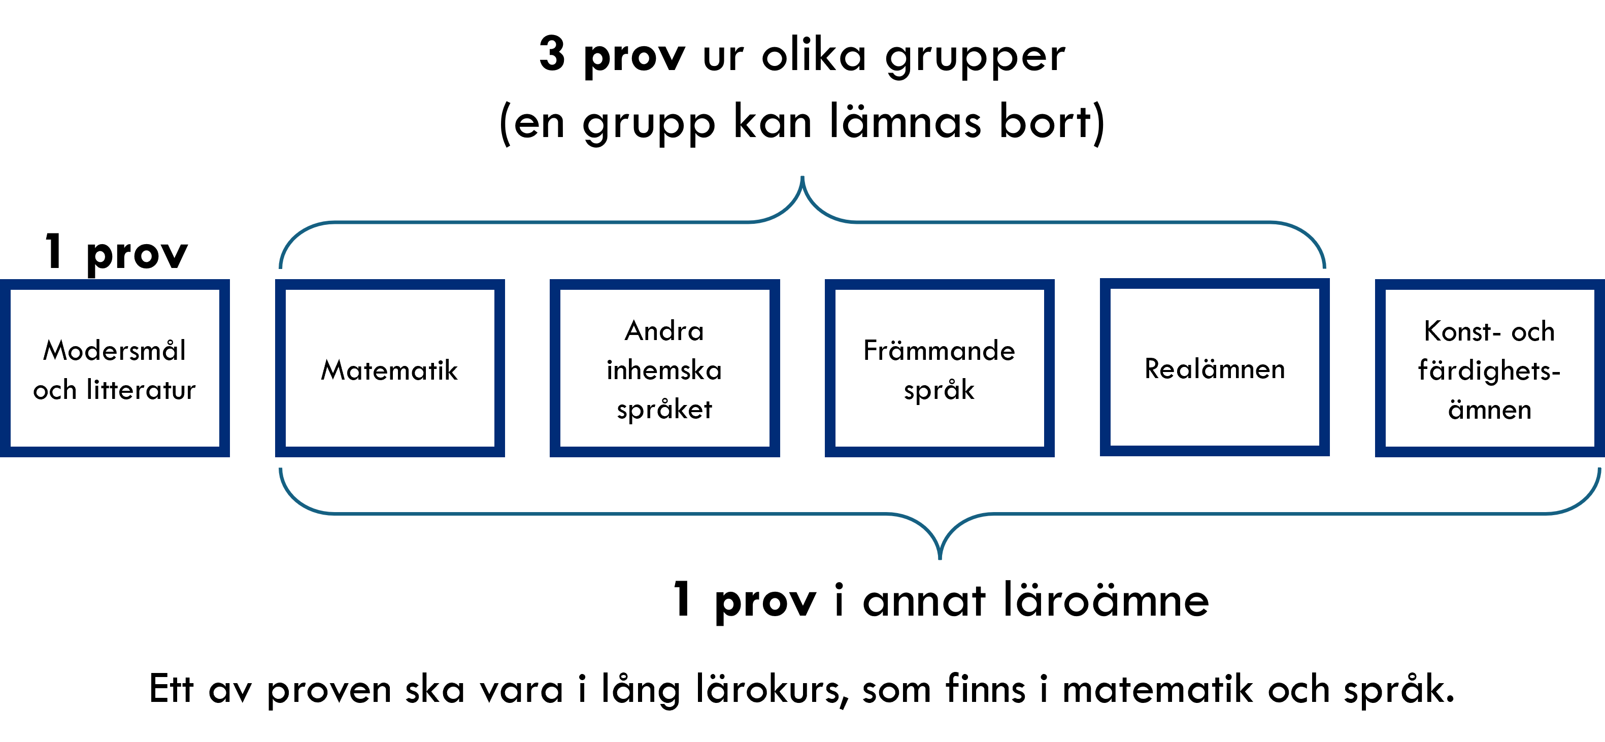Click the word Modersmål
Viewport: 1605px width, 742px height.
click(115, 350)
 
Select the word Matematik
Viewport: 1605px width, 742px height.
click(389, 370)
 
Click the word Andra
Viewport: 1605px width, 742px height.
click(664, 331)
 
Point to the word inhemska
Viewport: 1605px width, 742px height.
click(664, 370)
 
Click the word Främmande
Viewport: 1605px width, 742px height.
click(939, 351)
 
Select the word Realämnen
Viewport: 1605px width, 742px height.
click(1214, 369)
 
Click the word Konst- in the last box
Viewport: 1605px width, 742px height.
click(1462, 331)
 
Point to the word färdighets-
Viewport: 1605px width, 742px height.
click(1489, 370)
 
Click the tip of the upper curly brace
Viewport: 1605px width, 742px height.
click(802, 178)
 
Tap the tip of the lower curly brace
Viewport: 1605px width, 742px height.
click(940, 558)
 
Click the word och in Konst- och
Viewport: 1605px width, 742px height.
click(1533, 331)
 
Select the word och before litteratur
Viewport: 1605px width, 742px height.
click(55, 390)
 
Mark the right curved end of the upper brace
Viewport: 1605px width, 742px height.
click(1324, 265)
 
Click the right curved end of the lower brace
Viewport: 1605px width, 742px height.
click(1599, 471)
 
